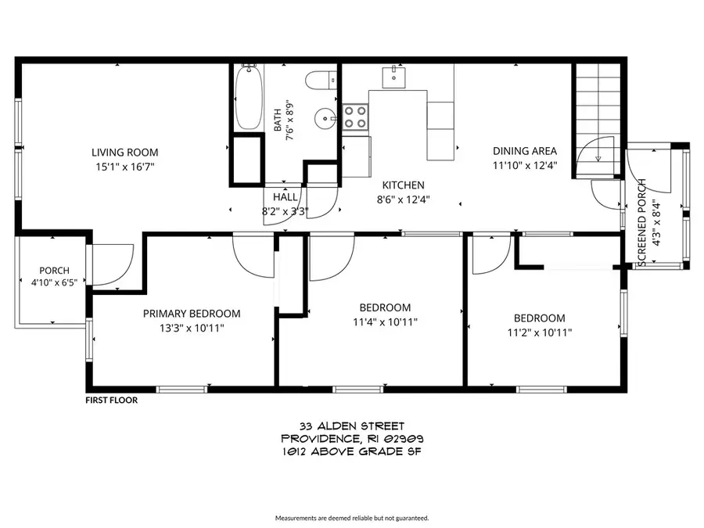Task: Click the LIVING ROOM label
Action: click(125, 153)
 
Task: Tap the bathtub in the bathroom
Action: click(248, 97)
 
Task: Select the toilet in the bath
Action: click(321, 81)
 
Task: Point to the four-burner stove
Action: click(356, 117)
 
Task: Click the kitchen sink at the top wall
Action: click(393, 77)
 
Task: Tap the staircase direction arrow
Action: click(598, 158)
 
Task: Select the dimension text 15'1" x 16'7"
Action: click(125, 167)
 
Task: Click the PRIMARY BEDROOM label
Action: click(192, 314)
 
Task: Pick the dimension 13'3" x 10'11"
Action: click(192, 329)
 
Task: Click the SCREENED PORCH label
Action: click(641, 223)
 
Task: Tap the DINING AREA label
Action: click(525, 151)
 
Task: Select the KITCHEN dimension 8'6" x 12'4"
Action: click(403, 199)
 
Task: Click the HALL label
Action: click(285, 197)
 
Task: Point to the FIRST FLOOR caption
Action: click(112, 400)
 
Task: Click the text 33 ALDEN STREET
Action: click(352, 426)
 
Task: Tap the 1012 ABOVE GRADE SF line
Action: click(352, 451)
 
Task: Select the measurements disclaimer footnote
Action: click(352, 518)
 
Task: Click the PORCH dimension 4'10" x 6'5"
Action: click(54, 283)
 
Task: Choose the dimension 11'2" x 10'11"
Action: click(540, 332)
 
